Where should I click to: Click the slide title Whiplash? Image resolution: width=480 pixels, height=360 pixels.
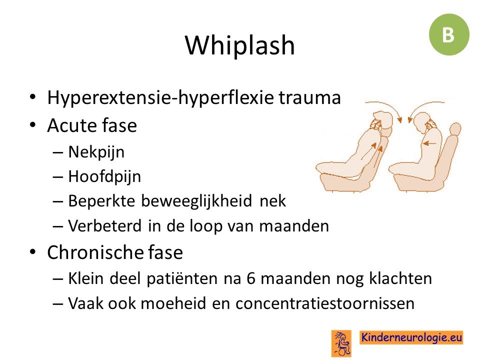(x=240, y=45)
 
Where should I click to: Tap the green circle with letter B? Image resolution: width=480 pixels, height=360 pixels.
(x=449, y=34)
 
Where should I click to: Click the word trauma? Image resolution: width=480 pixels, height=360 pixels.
(x=309, y=98)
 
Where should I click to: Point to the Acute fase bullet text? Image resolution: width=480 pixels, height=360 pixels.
(x=92, y=125)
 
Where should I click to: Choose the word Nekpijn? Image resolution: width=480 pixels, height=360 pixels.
(x=96, y=152)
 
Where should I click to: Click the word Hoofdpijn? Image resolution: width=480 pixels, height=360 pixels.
(x=104, y=176)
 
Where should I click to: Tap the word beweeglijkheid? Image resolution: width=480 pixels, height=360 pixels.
(x=197, y=201)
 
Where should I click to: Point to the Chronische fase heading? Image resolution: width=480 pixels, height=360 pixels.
(x=115, y=252)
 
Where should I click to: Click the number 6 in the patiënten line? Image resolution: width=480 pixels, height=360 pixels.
(x=250, y=279)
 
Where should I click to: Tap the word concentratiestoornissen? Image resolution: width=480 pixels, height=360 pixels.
(x=325, y=303)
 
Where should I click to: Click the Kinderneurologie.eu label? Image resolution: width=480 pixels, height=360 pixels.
(x=411, y=337)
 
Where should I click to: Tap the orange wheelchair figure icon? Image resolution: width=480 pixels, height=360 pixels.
(x=341, y=343)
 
